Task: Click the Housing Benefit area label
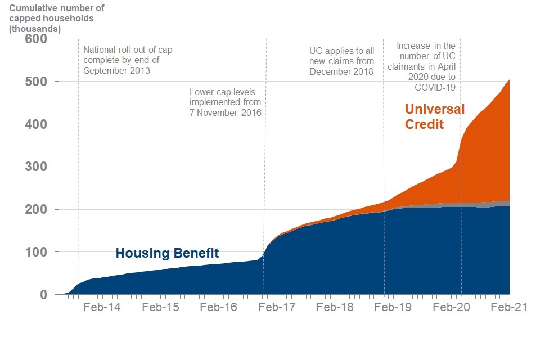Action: [167, 254]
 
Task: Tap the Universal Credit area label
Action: [435, 116]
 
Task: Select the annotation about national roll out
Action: [128, 60]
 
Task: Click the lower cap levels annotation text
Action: [226, 102]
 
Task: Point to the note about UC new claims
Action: [341, 60]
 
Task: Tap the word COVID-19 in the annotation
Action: [435, 87]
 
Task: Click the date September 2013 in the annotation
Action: [116, 71]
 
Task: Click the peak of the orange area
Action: [508, 80]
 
